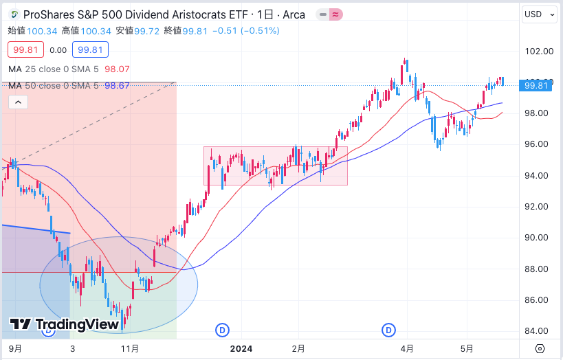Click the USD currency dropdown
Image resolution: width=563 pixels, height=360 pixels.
(x=540, y=14)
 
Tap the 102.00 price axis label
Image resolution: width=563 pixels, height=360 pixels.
(x=539, y=51)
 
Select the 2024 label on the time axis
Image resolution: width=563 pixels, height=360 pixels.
(x=241, y=348)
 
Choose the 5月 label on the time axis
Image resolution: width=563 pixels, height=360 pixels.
(x=467, y=348)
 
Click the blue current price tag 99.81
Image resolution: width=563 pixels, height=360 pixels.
(x=536, y=85)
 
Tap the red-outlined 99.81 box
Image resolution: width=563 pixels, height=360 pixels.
(x=26, y=49)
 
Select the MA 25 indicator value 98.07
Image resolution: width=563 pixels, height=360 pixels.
(x=116, y=69)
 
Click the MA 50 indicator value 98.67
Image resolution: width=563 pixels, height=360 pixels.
(x=116, y=85)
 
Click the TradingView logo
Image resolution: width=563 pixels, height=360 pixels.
(x=65, y=324)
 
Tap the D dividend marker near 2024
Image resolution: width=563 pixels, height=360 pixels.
(x=222, y=330)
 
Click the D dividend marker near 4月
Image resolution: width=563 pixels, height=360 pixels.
(x=388, y=330)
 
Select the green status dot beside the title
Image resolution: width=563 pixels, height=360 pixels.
(x=15, y=14)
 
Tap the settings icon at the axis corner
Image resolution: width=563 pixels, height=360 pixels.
(x=540, y=348)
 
